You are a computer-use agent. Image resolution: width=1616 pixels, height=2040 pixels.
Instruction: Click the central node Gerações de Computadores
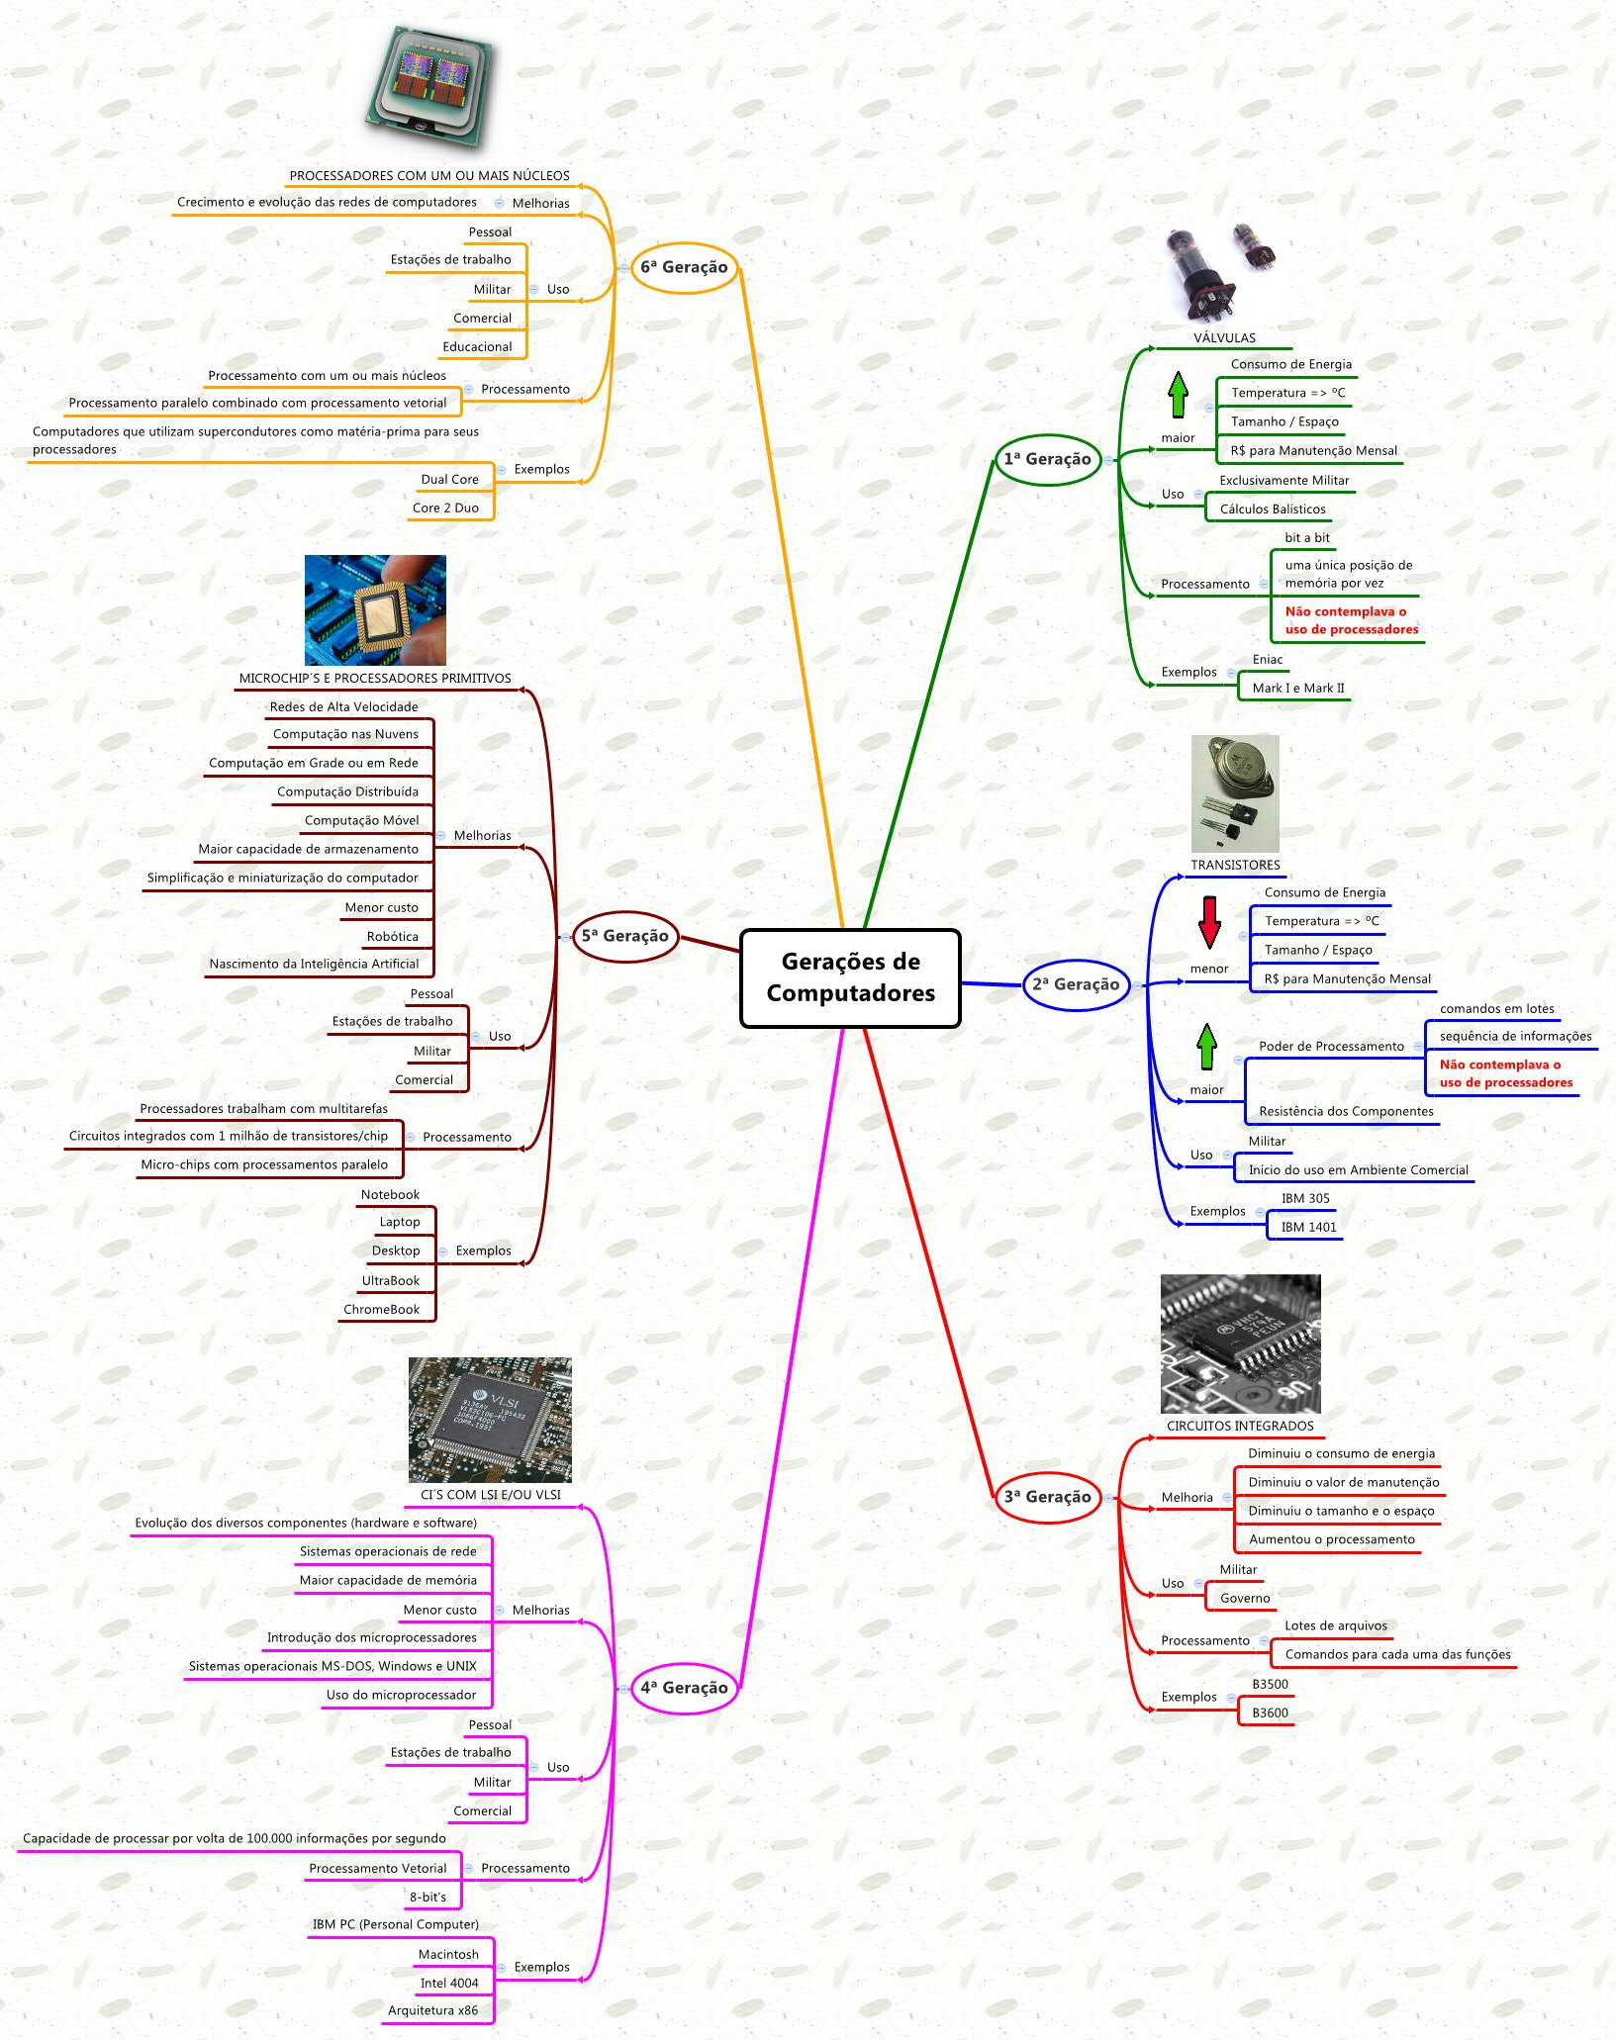850,977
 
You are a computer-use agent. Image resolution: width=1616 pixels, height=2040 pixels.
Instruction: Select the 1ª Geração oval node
1048,459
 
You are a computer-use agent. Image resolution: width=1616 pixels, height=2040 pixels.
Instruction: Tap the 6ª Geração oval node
684,267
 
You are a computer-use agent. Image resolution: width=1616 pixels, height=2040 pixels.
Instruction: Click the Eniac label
1268,660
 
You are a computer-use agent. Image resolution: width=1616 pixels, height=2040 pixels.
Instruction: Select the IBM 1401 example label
1308,1228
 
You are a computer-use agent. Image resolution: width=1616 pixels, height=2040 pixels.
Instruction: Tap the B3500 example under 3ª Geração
1270,1685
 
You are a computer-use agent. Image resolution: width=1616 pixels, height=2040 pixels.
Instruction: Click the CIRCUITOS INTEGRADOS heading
1240,1427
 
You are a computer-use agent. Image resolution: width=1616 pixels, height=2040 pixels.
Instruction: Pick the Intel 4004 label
448,1984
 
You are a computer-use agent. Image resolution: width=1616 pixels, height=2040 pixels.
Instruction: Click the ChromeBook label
381,1310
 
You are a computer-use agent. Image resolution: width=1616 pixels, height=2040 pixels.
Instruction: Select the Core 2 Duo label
445,509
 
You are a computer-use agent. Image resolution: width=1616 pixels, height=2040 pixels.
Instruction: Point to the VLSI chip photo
490,1420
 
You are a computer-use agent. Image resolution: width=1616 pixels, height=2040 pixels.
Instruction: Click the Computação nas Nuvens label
345,734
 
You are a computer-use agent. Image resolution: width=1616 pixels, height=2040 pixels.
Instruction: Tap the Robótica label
392,937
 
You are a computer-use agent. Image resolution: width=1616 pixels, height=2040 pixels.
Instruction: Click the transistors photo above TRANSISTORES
1234,793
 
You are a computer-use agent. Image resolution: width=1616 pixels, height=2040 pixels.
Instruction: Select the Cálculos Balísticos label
1273,510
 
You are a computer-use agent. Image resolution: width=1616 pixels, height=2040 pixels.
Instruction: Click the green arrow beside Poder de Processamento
1206,1048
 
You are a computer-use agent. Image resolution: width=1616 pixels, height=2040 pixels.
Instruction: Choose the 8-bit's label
428,1898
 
